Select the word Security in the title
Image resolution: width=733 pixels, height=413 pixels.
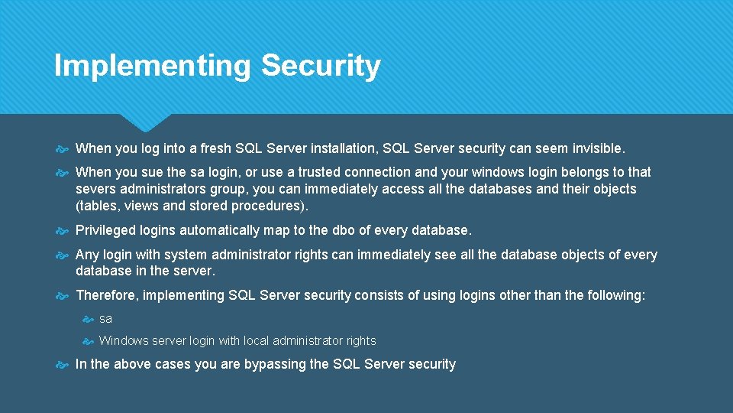[321, 66]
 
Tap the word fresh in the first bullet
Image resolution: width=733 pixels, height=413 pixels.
[214, 148]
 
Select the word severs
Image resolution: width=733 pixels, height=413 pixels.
[95, 189]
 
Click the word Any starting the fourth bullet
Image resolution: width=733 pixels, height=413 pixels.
[87, 255]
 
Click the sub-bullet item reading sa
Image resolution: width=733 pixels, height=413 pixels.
[105, 318]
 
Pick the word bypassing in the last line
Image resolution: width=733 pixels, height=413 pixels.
[277, 364]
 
